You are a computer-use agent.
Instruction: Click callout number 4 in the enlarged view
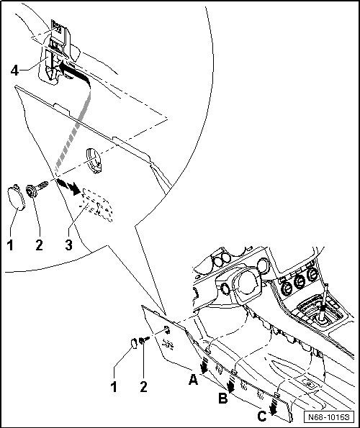[14, 71]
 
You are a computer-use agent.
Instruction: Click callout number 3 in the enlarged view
[69, 245]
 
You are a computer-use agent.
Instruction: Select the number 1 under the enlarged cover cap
[10, 245]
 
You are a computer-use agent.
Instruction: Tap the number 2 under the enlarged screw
[39, 245]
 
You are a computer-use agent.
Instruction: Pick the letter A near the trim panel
[194, 379]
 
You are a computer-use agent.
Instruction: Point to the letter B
[223, 399]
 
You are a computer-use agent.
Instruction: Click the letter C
[262, 416]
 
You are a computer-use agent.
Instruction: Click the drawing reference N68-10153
[329, 417]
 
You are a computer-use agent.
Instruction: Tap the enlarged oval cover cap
[17, 197]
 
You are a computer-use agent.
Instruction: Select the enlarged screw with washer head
[37, 188]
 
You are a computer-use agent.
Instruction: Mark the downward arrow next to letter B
[231, 385]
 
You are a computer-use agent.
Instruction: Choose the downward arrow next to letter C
[273, 406]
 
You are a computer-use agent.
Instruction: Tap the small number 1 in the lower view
[114, 386]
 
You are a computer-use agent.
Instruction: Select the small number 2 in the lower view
[143, 386]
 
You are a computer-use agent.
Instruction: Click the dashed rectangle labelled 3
[96, 205]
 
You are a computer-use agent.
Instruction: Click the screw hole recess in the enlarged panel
[94, 161]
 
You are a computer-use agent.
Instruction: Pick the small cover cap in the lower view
[133, 344]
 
